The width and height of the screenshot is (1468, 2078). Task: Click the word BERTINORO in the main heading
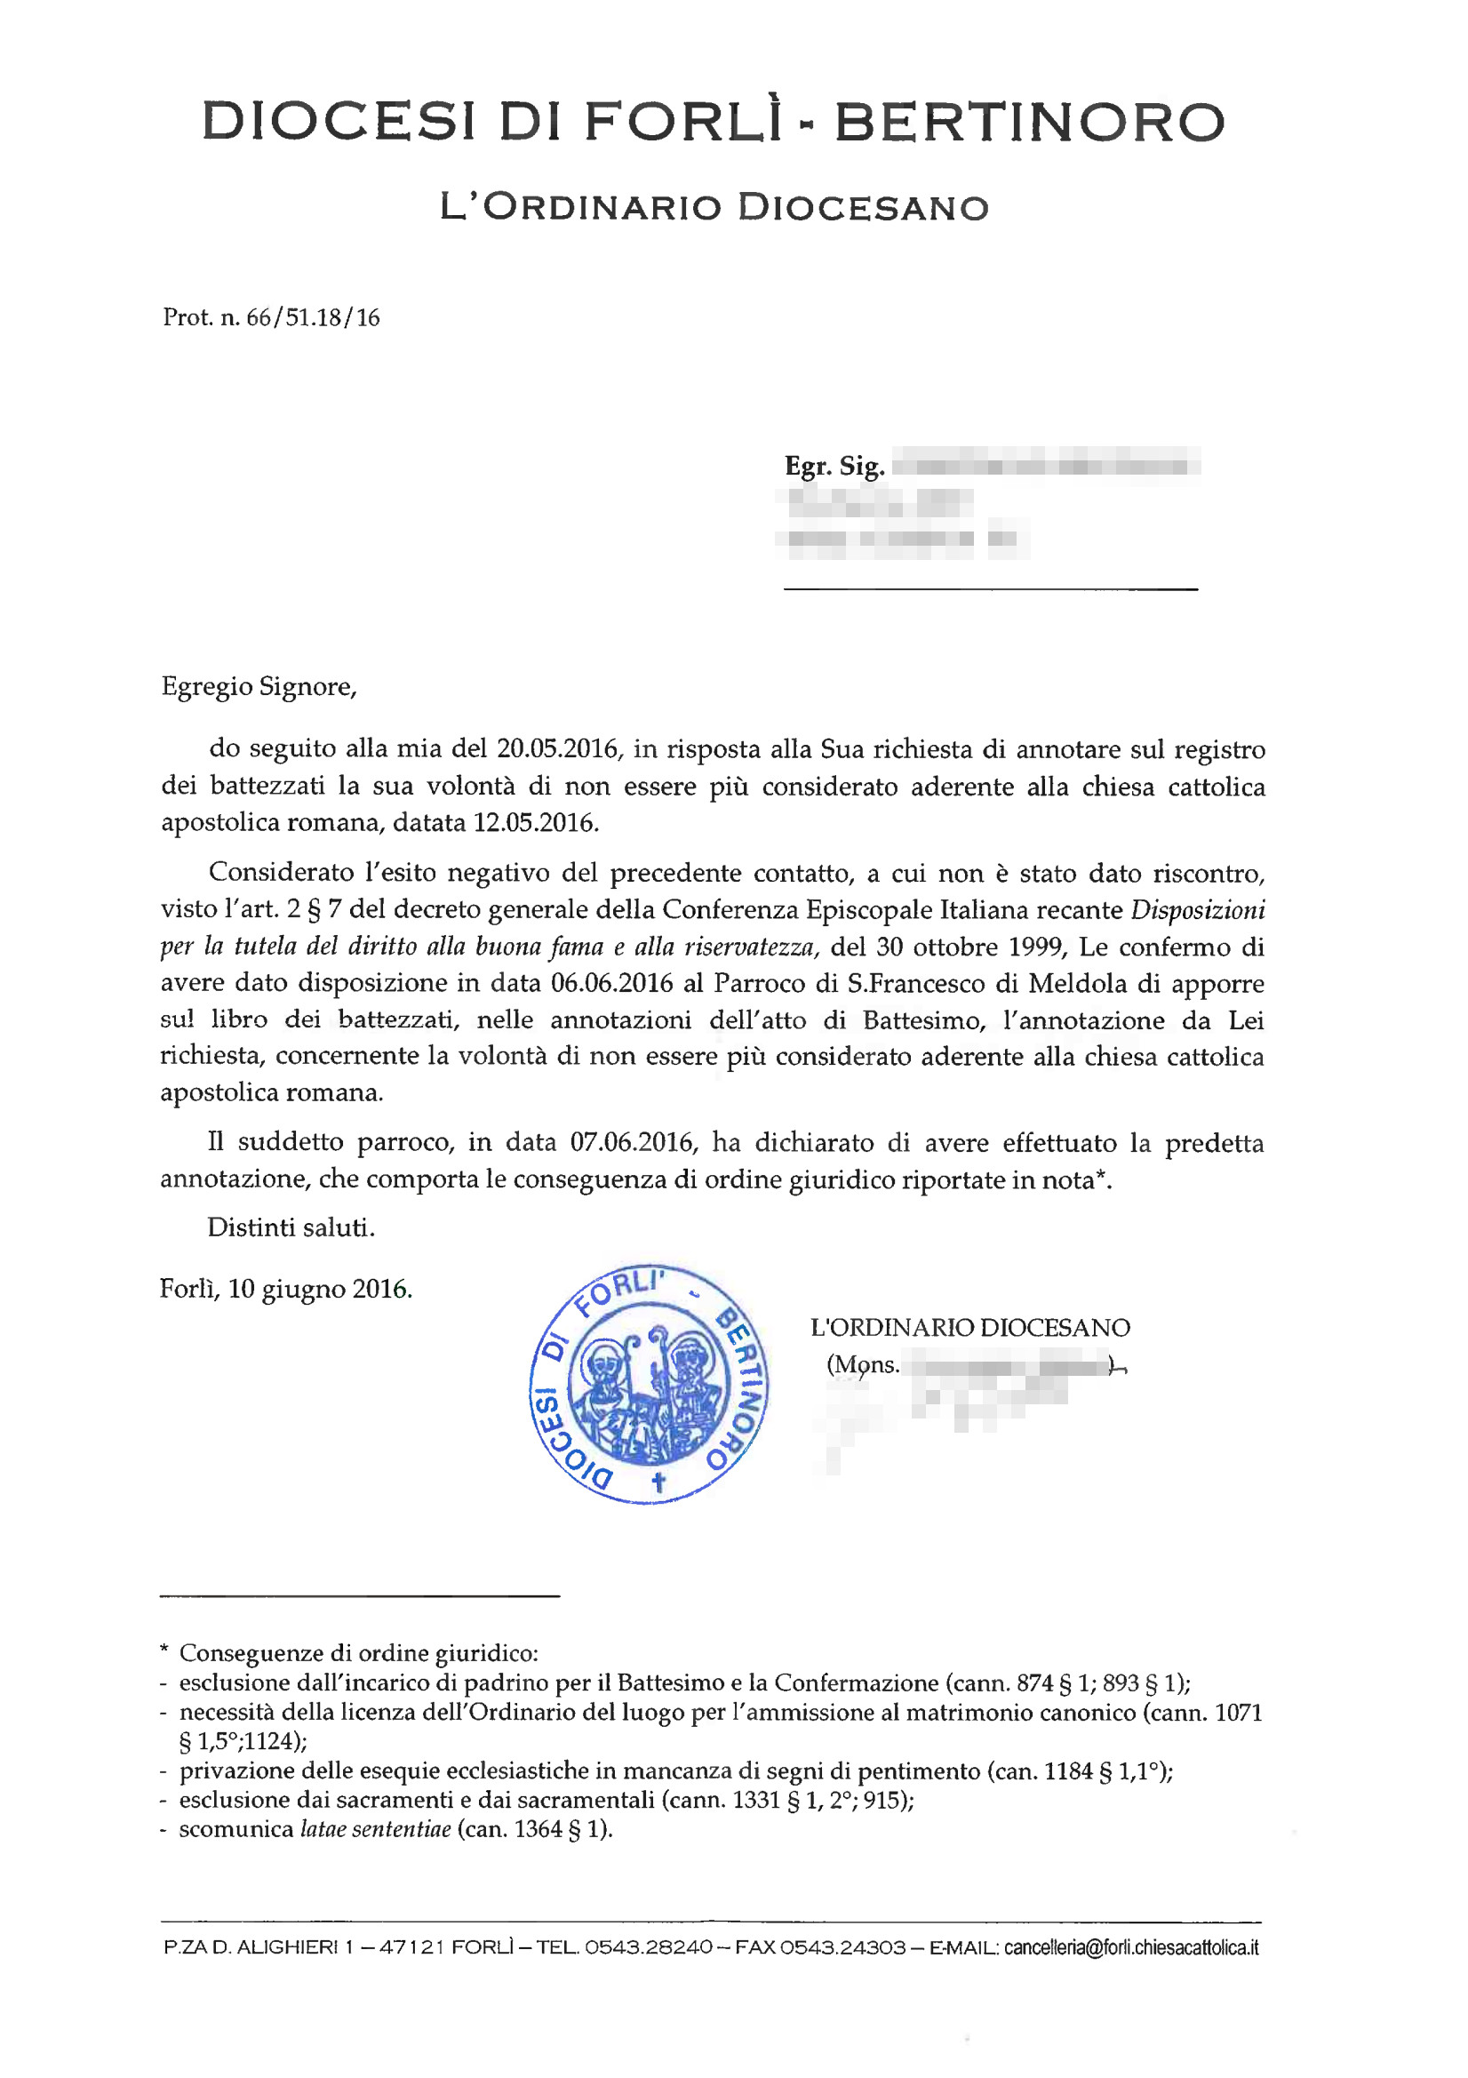(1029, 122)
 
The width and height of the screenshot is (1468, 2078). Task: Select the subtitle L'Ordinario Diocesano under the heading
(714, 207)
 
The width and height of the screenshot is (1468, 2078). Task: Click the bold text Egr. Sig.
(834, 466)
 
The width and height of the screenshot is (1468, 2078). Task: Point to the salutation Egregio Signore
(259, 687)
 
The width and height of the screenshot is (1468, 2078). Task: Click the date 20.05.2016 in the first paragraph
(556, 748)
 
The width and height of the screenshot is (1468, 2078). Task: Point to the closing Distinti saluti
(291, 1227)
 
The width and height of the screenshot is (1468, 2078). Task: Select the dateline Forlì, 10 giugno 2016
(286, 1289)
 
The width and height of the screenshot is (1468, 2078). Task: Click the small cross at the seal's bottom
(658, 1482)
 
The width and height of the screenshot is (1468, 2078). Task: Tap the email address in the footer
(1130, 1947)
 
